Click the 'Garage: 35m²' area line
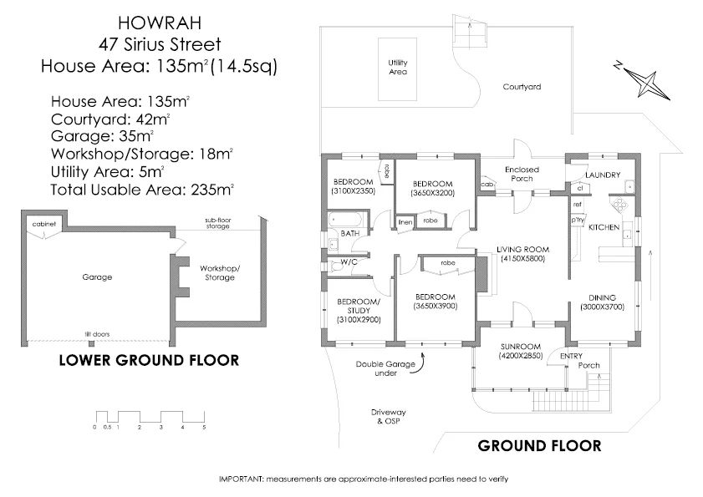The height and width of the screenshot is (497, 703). click(x=102, y=134)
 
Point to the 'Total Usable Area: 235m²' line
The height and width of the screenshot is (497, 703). click(x=142, y=189)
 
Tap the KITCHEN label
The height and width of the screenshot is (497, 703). click(x=604, y=227)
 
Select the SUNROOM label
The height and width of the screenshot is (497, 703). click(x=521, y=346)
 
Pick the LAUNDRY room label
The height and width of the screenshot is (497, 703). click(x=603, y=175)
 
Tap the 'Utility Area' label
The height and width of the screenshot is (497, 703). click(x=397, y=67)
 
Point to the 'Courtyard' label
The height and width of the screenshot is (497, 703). click(x=522, y=86)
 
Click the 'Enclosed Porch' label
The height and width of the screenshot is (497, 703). click(x=522, y=174)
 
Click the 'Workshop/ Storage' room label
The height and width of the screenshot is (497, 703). click(x=220, y=272)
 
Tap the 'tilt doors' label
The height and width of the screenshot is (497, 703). click(x=97, y=334)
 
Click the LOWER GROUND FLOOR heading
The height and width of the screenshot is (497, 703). click(x=148, y=361)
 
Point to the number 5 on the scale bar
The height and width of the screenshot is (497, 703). click(x=204, y=427)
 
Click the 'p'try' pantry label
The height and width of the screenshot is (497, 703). click(x=577, y=221)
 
